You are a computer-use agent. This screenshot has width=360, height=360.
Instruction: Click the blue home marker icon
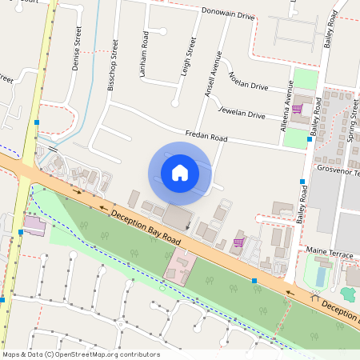pyautogui.click(x=180, y=173)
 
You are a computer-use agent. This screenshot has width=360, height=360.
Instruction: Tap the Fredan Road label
pyautogui.click(x=206, y=138)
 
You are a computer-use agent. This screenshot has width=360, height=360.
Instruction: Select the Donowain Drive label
pyautogui.click(x=227, y=15)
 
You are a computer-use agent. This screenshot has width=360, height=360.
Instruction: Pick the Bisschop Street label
pyautogui.click(x=113, y=65)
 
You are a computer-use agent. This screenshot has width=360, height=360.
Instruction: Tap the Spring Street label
pyautogui.click(x=352, y=129)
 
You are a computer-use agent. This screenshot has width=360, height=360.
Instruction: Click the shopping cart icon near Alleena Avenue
pyautogui.click(x=297, y=109)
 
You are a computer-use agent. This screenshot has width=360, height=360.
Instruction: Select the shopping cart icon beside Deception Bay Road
pyautogui.click(x=238, y=242)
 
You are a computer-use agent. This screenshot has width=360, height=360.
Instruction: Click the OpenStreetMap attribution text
pyautogui.click(x=81, y=354)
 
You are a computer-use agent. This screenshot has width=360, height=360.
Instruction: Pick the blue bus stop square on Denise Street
pyautogui.click(x=37, y=122)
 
